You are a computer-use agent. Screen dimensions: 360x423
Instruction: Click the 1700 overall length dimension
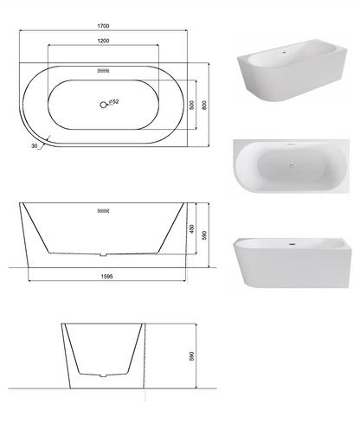pos(103,26)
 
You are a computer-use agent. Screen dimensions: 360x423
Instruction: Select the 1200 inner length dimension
pos(103,41)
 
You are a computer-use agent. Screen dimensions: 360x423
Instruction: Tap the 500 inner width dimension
pos(192,105)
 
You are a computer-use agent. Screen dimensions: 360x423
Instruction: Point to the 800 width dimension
pos(204,105)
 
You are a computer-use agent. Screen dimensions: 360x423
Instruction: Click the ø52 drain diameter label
pos(114,101)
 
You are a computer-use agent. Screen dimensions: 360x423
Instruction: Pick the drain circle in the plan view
pos(103,105)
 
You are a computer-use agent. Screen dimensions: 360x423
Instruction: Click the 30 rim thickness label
pos(35,146)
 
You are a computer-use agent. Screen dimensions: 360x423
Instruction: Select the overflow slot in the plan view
pos(103,71)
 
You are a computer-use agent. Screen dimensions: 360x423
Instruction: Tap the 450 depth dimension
pos(192,229)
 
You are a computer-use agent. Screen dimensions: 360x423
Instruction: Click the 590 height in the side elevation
pos(204,235)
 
